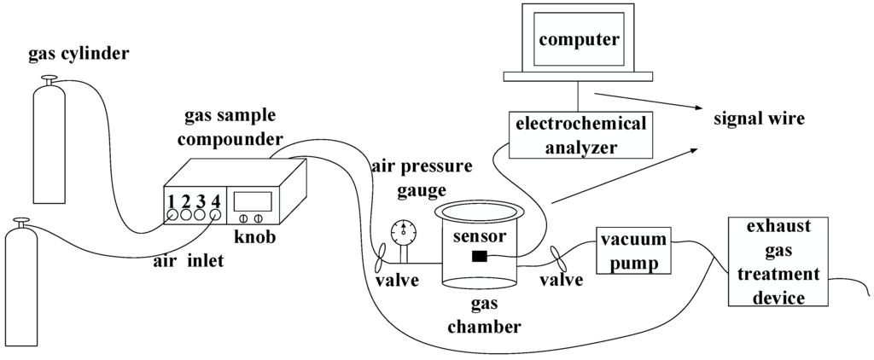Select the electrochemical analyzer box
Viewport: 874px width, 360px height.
click(580, 135)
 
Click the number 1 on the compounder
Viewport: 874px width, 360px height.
click(172, 202)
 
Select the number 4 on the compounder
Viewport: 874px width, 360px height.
click(215, 202)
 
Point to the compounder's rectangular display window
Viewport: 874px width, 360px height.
click(253, 202)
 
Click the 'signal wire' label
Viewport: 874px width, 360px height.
click(759, 119)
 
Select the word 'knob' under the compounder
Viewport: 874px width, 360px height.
click(255, 235)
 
